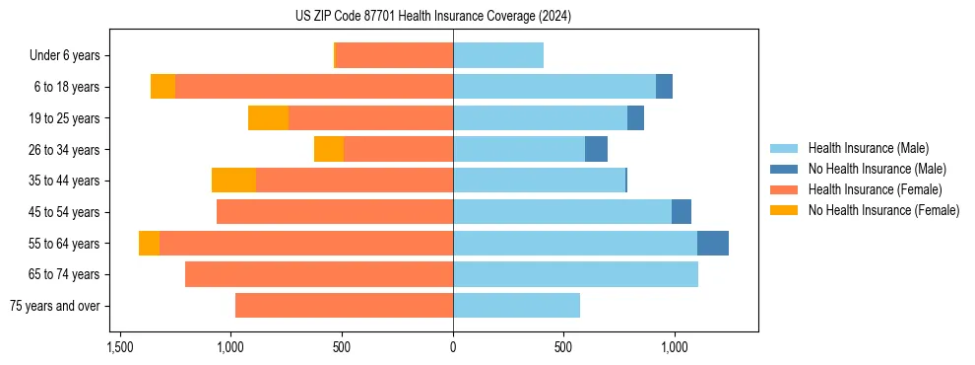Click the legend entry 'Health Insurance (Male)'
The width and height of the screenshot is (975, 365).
point(868,148)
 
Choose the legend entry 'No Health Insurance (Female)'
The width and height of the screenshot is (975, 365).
point(883,210)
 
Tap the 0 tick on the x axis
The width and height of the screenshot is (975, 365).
point(453,348)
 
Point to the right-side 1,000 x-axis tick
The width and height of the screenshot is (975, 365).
point(675,348)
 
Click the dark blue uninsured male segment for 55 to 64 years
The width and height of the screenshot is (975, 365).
point(713,244)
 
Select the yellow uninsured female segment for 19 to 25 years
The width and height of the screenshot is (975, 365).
point(268,118)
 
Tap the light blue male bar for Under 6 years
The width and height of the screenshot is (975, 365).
point(498,56)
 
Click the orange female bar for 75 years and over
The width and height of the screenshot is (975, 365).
point(345,306)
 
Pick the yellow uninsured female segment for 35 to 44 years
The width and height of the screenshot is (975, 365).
point(233,181)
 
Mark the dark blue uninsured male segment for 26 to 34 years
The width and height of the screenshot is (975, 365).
point(596,150)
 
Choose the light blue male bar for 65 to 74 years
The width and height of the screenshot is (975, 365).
point(575,274)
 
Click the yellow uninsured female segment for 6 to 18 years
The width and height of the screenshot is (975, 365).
point(162,87)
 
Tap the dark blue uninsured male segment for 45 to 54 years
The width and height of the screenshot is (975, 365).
point(682,212)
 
